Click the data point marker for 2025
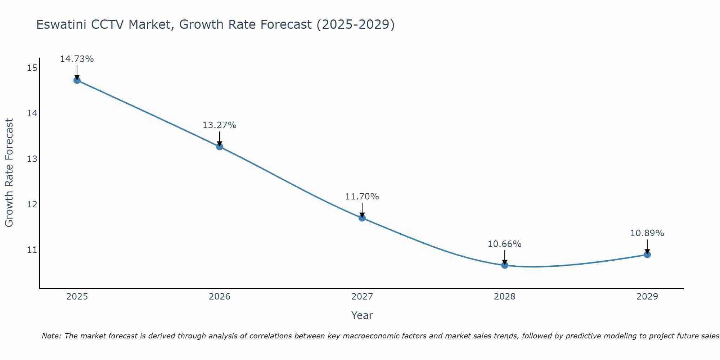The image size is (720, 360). [77, 80]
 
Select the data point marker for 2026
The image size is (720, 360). [220, 147]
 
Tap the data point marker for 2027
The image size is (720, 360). [362, 218]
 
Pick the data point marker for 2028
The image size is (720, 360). [505, 265]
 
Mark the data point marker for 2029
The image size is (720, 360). [647, 255]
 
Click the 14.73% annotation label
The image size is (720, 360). [77, 59]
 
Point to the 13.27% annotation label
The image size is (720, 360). [220, 125]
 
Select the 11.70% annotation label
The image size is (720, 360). [362, 197]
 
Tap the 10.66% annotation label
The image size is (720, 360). [505, 244]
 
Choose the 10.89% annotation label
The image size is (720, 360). [647, 233]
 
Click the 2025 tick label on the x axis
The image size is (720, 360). [77, 297]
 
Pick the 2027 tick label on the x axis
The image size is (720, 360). [362, 297]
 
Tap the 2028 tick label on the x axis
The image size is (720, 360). [505, 297]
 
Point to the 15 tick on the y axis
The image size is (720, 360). [32, 68]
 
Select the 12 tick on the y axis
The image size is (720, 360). [32, 204]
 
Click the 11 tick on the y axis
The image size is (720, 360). [32, 249]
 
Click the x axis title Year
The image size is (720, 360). [362, 315]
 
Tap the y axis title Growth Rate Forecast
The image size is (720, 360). [9, 173]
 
